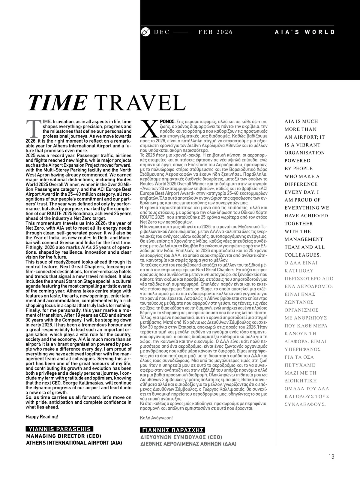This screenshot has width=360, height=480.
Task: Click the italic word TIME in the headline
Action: (57, 103)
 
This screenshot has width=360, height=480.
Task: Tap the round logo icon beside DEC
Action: (145, 32)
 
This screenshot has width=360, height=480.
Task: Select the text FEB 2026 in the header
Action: (215, 32)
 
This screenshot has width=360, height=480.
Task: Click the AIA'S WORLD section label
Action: (304, 32)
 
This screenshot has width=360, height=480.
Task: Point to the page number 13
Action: (331, 457)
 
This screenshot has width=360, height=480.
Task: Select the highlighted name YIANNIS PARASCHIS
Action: (59, 429)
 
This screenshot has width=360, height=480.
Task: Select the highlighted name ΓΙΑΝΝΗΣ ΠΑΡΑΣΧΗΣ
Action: (172, 430)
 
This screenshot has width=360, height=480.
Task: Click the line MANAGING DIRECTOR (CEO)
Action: (64, 436)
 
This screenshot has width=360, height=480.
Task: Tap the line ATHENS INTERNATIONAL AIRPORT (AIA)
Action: (74, 442)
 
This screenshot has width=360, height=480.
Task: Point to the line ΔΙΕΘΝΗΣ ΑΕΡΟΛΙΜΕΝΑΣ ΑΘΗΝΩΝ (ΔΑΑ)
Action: (188, 444)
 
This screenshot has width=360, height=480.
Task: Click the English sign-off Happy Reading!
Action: (42, 417)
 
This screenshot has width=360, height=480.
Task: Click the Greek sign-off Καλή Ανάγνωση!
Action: (156, 418)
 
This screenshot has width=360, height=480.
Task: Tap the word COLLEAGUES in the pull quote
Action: (303, 255)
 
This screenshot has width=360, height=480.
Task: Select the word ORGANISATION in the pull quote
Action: (305, 153)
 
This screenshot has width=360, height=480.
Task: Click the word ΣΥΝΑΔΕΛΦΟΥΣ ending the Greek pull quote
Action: (305, 404)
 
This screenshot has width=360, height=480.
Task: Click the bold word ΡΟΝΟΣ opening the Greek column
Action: (168, 122)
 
